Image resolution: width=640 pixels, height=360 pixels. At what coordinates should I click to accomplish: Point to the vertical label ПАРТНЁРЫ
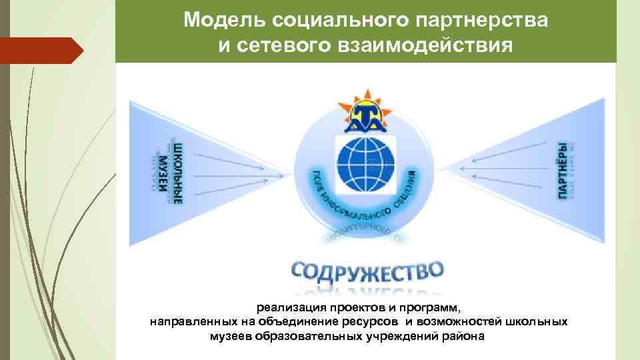563,171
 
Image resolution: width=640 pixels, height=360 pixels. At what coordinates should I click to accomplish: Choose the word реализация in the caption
289,308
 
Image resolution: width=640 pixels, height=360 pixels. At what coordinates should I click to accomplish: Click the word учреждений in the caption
398,335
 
